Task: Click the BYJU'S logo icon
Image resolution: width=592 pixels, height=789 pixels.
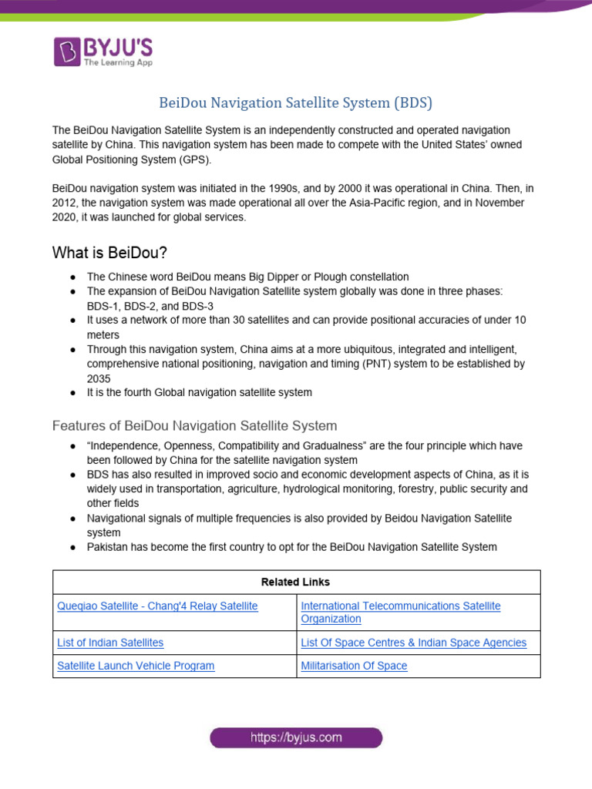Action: pyautogui.click(x=67, y=52)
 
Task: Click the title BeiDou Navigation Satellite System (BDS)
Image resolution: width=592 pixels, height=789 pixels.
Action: pyautogui.click(x=295, y=102)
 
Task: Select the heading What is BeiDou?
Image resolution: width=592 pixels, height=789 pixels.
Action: pyautogui.click(x=110, y=253)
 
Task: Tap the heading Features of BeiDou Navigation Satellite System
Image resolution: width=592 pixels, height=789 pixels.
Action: pyautogui.click(x=194, y=425)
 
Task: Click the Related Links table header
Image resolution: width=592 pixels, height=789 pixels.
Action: pyautogui.click(x=296, y=583)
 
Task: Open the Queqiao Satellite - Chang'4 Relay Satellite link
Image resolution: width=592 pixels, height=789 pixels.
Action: pyautogui.click(x=157, y=606)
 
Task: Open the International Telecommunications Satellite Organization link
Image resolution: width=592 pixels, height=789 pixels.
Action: pyautogui.click(x=400, y=613)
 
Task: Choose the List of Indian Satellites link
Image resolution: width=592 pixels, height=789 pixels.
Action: pyautogui.click(x=110, y=643)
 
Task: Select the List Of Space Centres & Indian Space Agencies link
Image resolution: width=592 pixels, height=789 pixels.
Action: pyautogui.click(x=413, y=643)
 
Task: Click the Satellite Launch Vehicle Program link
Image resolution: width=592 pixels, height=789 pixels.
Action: pyautogui.click(x=136, y=666)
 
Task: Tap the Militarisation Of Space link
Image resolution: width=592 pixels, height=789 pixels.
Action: pyautogui.click(x=354, y=666)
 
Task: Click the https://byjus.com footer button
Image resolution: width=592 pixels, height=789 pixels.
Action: pyautogui.click(x=296, y=738)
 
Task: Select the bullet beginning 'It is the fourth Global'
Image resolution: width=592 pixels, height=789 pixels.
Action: pyautogui.click(x=199, y=393)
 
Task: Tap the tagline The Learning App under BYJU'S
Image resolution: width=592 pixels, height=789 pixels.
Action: pyautogui.click(x=120, y=62)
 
